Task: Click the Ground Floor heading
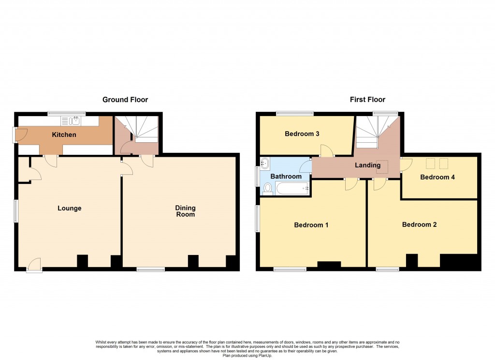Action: point(125,100)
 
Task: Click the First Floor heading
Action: point(367,100)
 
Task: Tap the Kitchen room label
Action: point(64,135)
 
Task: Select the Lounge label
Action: point(70,209)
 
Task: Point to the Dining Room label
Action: point(185,211)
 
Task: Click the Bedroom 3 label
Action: point(302,134)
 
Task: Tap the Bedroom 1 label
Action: point(311,225)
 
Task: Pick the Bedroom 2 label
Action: point(419,225)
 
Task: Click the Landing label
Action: point(368,165)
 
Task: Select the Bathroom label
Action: point(286,177)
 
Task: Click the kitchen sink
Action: point(75,121)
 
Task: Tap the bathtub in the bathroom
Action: point(292,188)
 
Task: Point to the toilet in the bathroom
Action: point(267,189)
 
